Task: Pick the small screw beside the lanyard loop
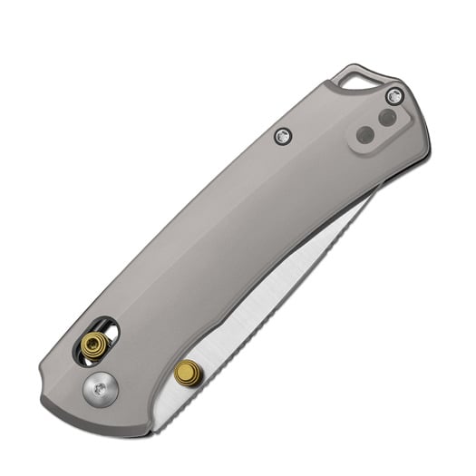coord(393,95)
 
